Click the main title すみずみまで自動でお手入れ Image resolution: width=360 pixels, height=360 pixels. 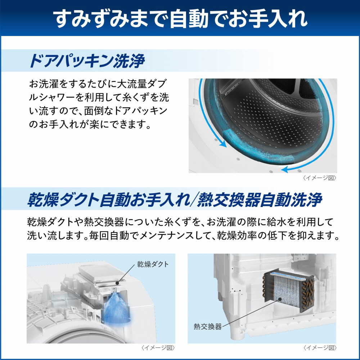click(180, 19)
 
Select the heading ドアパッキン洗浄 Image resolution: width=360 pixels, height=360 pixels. click(87, 61)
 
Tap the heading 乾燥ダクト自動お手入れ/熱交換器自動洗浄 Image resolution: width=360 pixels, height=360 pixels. click(175, 200)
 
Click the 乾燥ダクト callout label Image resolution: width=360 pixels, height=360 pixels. click(153, 264)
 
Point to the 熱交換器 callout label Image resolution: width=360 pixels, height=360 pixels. click(208, 327)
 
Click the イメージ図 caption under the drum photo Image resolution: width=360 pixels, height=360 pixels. click(320, 178)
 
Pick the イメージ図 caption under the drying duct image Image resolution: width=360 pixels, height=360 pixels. click(158, 348)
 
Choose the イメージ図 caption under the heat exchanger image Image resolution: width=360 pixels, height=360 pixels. click(320, 348)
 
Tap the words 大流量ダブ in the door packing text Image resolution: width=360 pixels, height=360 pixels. click(141, 84)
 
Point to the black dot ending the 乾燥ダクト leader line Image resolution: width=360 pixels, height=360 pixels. click(117, 283)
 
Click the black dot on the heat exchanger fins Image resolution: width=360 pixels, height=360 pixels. click(280, 299)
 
